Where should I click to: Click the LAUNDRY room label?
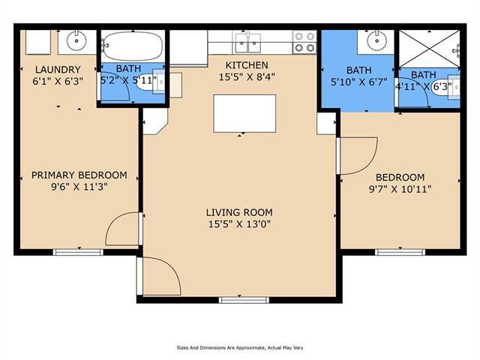point(58,70)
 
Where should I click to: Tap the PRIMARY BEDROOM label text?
point(79,175)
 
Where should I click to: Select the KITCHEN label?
point(247,65)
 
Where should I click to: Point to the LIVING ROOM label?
point(239,212)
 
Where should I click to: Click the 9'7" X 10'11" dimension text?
point(400,189)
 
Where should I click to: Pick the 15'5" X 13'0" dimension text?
point(239,224)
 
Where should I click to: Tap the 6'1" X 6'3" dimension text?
point(58,82)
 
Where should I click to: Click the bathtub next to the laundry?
point(132,46)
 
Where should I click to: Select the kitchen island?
point(244,113)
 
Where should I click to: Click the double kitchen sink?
point(248,42)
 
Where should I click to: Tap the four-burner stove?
point(304,42)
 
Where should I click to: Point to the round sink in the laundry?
point(76,41)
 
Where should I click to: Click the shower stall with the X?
point(430,49)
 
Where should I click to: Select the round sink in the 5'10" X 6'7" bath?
point(376,40)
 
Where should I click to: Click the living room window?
point(244,300)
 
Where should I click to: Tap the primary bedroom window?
point(78,253)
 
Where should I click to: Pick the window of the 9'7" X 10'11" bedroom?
point(400,253)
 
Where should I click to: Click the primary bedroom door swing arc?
point(115,220)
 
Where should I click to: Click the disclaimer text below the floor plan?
point(240,348)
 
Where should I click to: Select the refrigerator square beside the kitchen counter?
point(188,48)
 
